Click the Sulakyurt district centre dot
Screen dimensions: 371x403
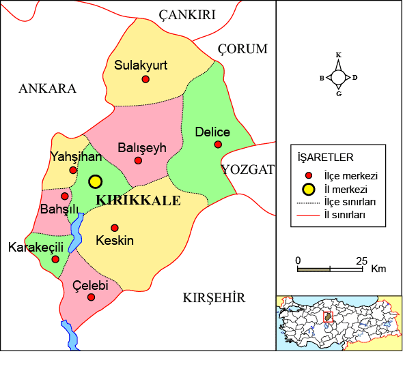pyautogui.click(x=145, y=79)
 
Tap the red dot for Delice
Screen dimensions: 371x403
pyautogui.click(x=218, y=144)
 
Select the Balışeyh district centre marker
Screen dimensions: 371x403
pyautogui.click(x=138, y=161)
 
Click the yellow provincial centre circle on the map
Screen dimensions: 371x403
pyautogui.click(x=95, y=181)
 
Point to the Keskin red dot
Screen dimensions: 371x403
pyautogui.click(x=115, y=228)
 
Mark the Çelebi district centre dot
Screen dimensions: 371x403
pyautogui.click(x=91, y=297)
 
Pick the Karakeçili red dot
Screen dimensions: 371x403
pyautogui.click(x=55, y=259)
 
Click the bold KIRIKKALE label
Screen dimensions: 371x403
pyautogui.click(x=139, y=201)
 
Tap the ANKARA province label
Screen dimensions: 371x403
pyautogui.click(x=48, y=89)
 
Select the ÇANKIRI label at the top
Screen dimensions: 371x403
pyautogui.click(x=187, y=15)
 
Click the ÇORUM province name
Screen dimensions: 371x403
pyautogui.click(x=242, y=49)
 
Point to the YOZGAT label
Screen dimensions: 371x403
pyautogui.click(x=247, y=170)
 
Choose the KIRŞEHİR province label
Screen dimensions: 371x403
pyautogui.click(x=214, y=298)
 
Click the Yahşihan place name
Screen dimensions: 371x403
pyautogui.click(x=76, y=157)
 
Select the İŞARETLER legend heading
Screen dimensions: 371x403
pyautogui.click(x=325, y=158)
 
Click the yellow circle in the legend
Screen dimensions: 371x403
pyautogui.click(x=309, y=189)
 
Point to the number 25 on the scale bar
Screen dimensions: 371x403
pyautogui.click(x=361, y=261)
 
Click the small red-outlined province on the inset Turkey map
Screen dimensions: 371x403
pyautogui.click(x=327, y=317)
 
